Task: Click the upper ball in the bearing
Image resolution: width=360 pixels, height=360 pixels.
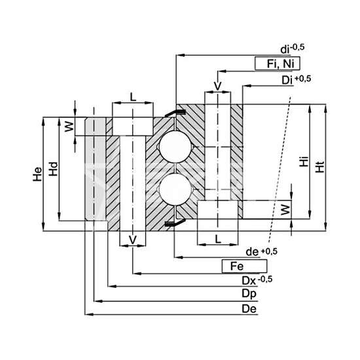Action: pyautogui.click(x=175, y=147)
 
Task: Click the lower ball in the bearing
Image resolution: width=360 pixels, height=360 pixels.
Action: pyautogui.click(x=175, y=189)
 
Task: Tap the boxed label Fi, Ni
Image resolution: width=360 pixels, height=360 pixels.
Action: pyautogui.click(x=278, y=63)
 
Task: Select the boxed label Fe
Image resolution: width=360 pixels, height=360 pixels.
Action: pyautogui.click(x=245, y=266)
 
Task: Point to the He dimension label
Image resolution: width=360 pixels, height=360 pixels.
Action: pyautogui.click(x=38, y=174)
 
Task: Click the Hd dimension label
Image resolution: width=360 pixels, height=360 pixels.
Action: pyautogui.click(x=54, y=169)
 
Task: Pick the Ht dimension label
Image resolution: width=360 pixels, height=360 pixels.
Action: pyautogui.click(x=320, y=166)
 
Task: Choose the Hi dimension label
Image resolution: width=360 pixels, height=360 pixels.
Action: pyautogui.click(x=304, y=161)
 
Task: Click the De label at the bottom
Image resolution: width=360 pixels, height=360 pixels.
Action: pyautogui.click(x=249, y=309)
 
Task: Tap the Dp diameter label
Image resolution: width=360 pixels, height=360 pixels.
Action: pyautogui.click(x=249, y=294)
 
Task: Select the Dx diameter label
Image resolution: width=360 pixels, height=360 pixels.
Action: pyautogui.click(x=257, y=280)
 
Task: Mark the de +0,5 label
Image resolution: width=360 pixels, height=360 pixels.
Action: pyautogui.click(x=262, y=251)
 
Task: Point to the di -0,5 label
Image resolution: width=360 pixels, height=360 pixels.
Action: pyautogui.click(x=293, y=49)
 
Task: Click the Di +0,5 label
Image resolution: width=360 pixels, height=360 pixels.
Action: pyautogui.click(x=297, y=80)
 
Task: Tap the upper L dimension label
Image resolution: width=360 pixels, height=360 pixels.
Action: pyautogui.click(x=133, y=97)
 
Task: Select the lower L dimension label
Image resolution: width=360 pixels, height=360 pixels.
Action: pyautogui.click(x=218, y=239)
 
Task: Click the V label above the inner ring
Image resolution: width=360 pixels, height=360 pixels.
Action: pyautogui.click(x=217, y=86)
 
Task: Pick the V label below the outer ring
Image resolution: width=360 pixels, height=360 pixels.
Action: pyautogui.click(x=132, y=240)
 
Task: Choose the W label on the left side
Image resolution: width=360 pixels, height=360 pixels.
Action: pyautogui.click(x=69, y=126)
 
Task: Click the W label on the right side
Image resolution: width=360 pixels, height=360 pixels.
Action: pyautogui.click(x=285, y=210)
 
